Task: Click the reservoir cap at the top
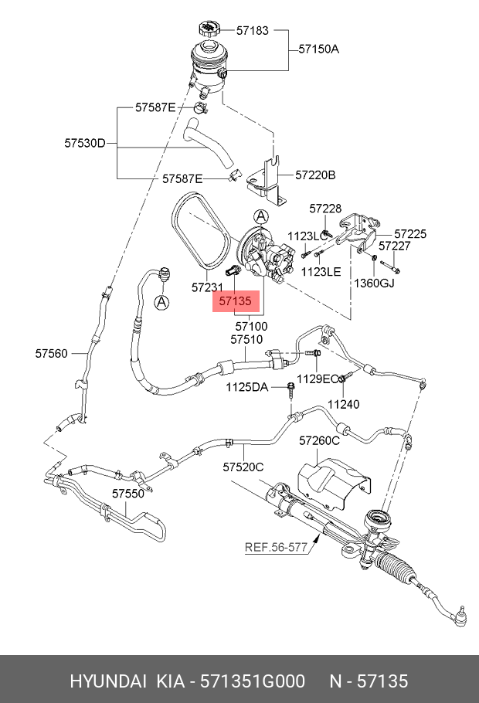click(x=207, y=30)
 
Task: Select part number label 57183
click(x=253, y=32)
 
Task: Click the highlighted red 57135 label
click(x=236, y=301)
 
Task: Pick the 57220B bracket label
click(x=315, y=175)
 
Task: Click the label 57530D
click(x=84, y=143)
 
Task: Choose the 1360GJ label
click(x=374, y=283)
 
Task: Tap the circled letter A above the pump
click(x=260, y=216)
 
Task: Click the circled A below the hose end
click(x=161, y=302)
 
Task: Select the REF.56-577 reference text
click(x=276, y=548)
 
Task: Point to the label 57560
click(x=52, y=354)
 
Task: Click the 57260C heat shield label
click(x=319, y=441)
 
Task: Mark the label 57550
click(x=127, y=493)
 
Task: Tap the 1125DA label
click(x=246, y=386)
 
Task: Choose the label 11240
click(x=343, y=403)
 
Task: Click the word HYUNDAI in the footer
click(x=107, y=681)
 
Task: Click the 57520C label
click(x=243, y=467)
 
